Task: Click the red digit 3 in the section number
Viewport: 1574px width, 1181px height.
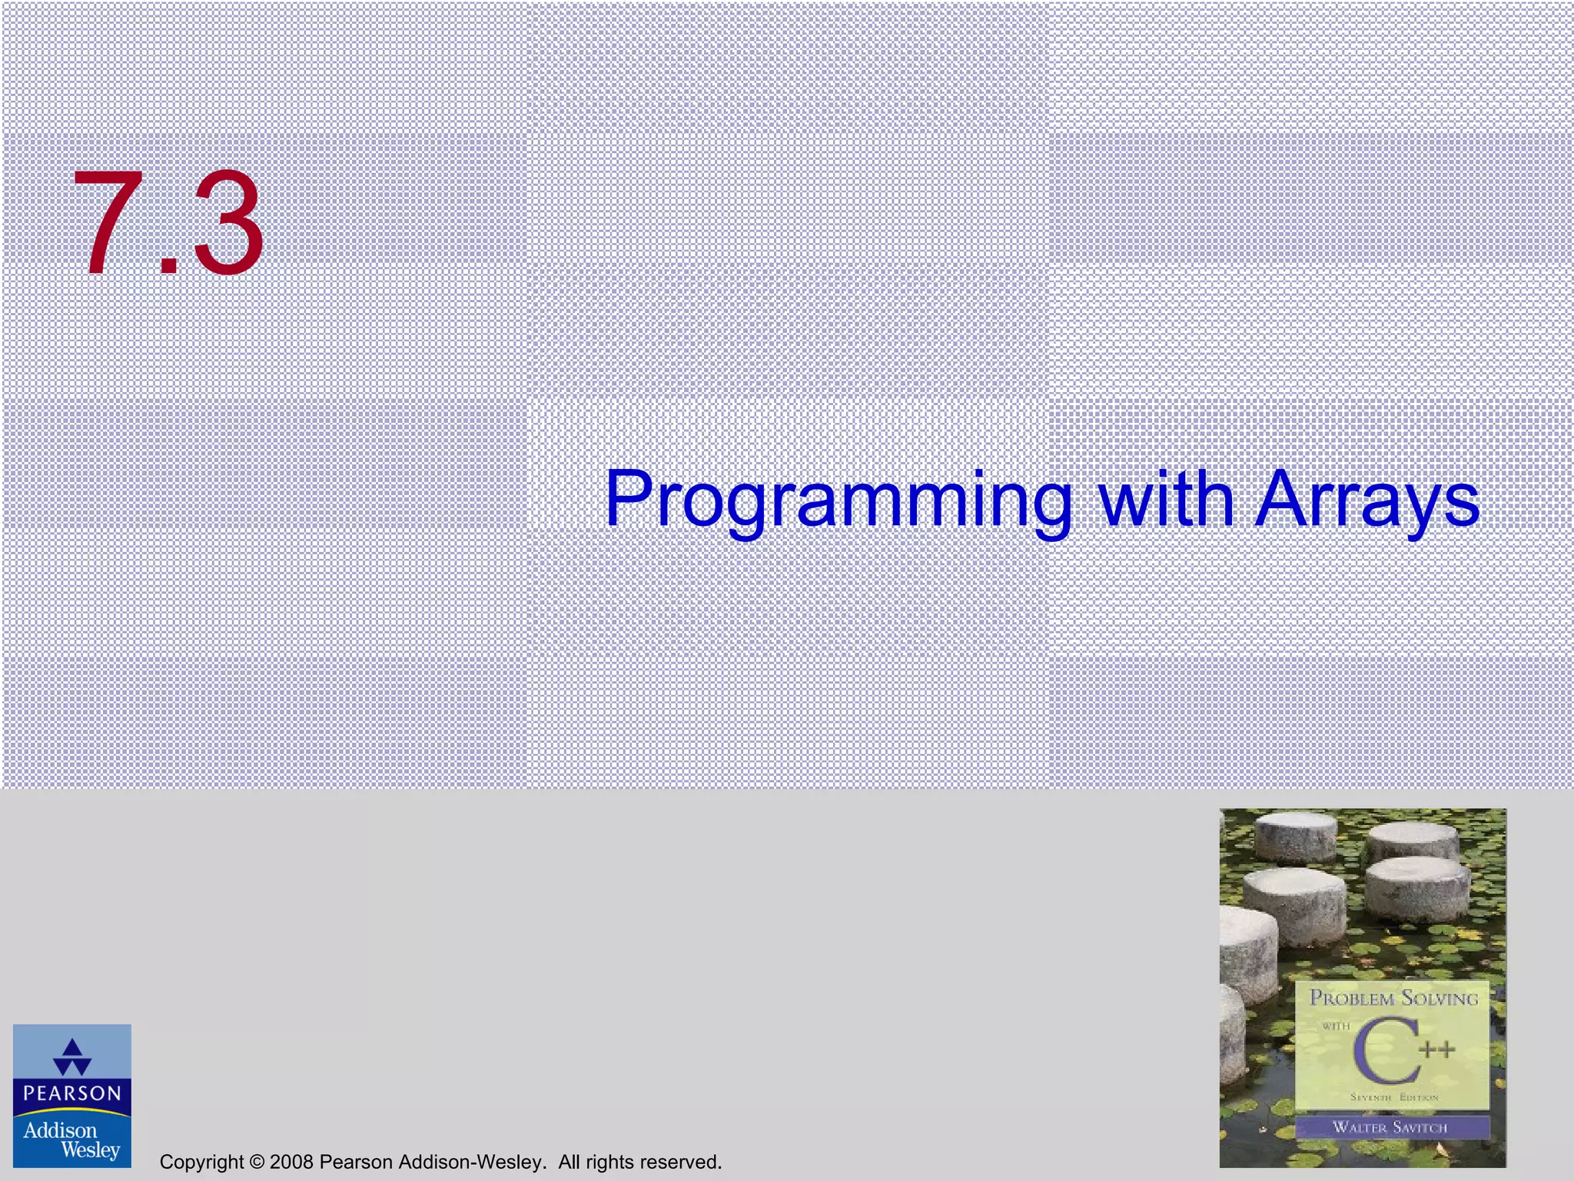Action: pyautogui.click(x=227, y=225)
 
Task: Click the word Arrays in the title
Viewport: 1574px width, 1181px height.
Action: pyautogui.click(x=1366, y=501)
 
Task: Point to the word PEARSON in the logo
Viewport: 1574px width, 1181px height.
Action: pyautogui.click(x=72, y=1093)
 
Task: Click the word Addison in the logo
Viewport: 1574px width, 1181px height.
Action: pyautogui.click(x=60, y=1130)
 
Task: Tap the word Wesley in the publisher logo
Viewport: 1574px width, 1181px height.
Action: pyautogui.click(x=90, y=1150)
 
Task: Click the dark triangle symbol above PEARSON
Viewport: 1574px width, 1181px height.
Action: pyautogui.click(x=72, y=1057)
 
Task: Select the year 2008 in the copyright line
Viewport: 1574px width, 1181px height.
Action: pyautogui.click(x=291, y=1162)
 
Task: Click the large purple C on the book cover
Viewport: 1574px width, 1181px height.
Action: pyautogui.click(x=1386, y=1052)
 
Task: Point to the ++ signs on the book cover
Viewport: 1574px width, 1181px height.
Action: pyautogui.click(x=1436, y=1050)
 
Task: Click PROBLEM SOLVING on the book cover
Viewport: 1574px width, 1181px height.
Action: pyautogui.click(x=1393, y=999)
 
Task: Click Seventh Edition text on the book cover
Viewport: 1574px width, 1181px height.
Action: pyautogui.click(x=1393, y=1097)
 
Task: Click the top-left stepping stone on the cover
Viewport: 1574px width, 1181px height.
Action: pyautogui.click(x=1297, y=837)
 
